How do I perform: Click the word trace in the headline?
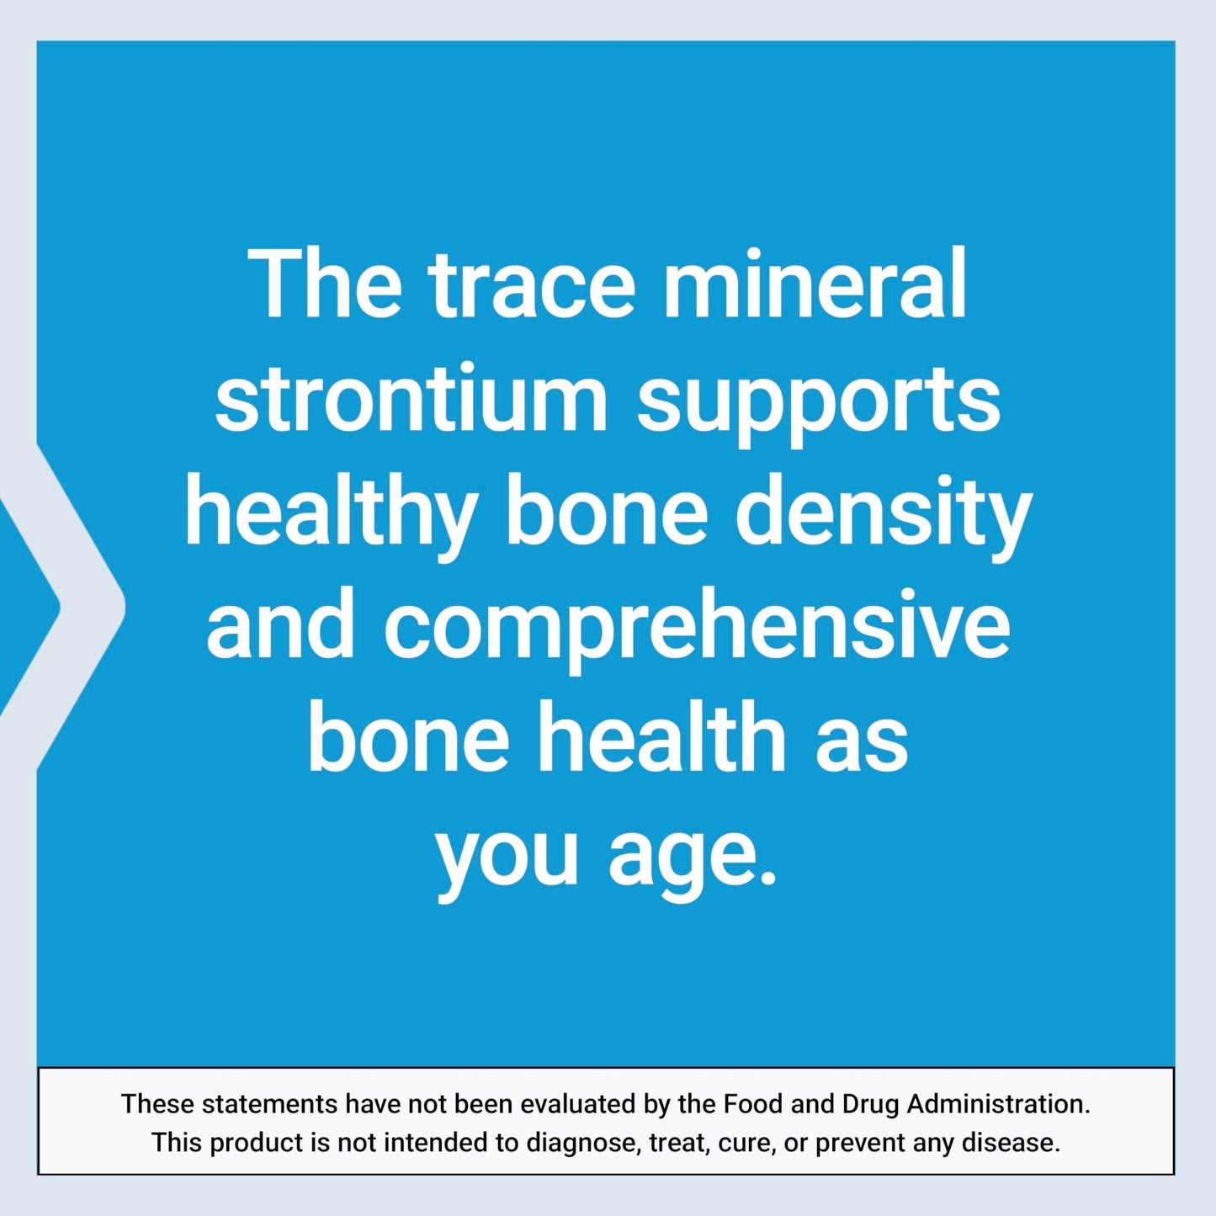click(531, 286)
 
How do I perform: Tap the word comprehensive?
click(697, 631)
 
